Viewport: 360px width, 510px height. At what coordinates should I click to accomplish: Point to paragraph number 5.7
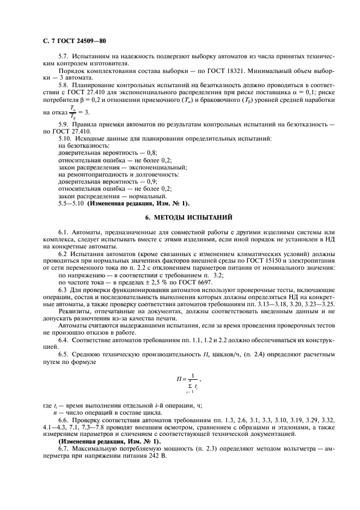[x=64, y=57]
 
